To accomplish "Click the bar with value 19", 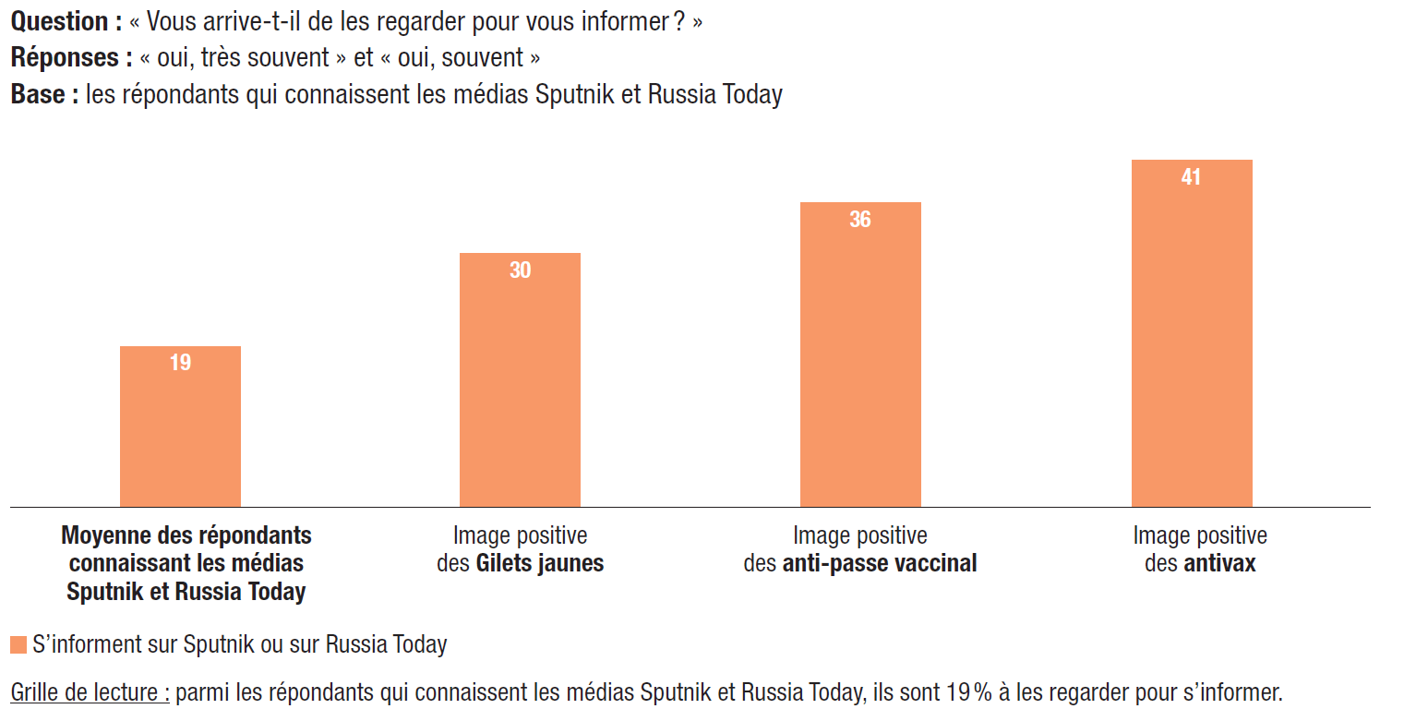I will point(180,434).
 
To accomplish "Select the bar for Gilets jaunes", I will point(520,388).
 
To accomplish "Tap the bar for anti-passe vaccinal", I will point(860,360).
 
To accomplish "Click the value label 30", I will point(520,270).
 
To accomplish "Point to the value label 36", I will point(860,220).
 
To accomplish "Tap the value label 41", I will point(1192,177).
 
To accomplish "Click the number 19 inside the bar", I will point(180,363).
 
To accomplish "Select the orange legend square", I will point(18,644).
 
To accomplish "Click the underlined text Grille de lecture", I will point(90,691).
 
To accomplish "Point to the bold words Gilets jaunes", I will point(539,563).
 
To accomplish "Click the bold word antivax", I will point(1219,563).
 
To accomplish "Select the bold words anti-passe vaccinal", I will point(879,563).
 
